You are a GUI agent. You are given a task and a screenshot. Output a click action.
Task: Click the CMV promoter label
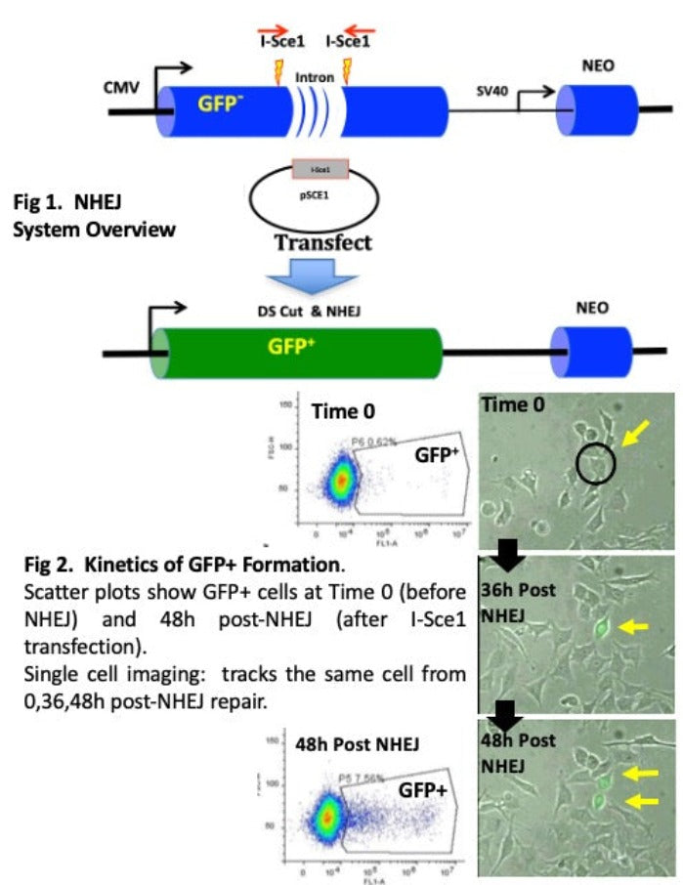122,87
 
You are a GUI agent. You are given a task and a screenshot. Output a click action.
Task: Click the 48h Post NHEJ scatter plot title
357,743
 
